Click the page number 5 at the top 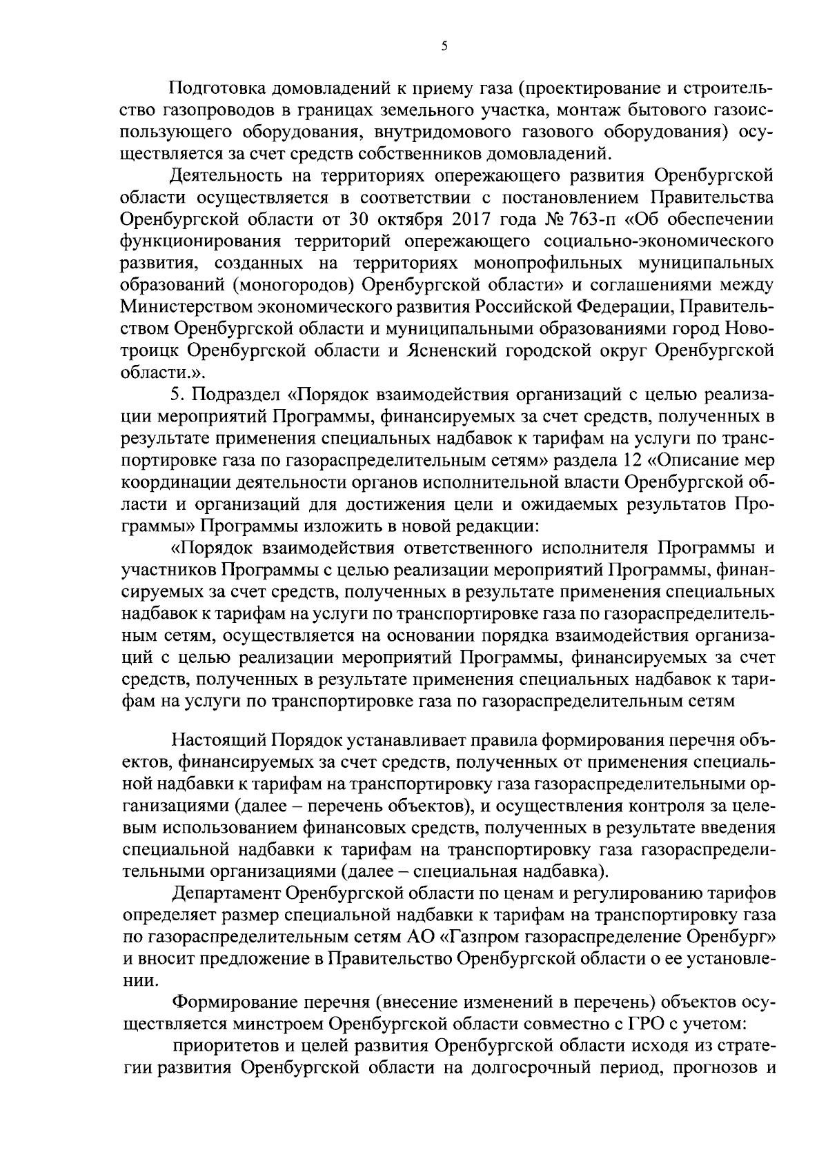point(444,46)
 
